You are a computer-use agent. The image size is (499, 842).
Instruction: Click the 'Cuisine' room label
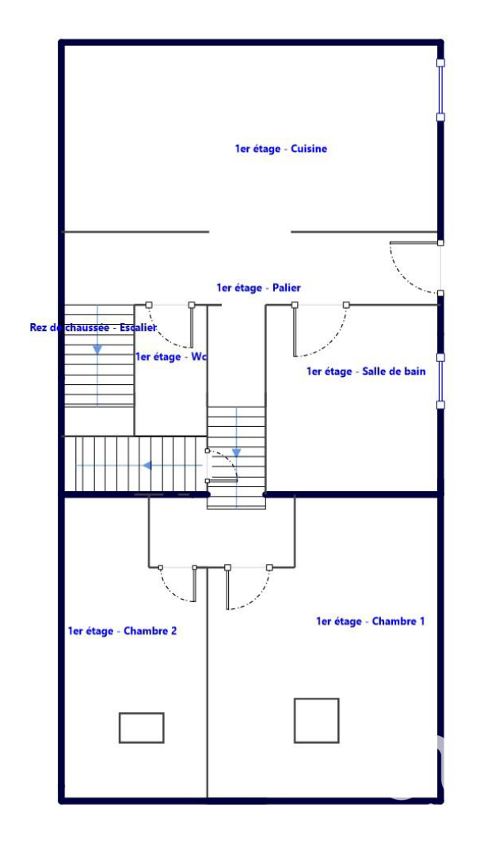pyautogui.click(x=281, y=149)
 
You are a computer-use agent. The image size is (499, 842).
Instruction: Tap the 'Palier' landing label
pyautogui.click(x=258, y=288)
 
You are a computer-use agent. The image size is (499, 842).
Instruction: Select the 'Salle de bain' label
pyautogui.click(x=366, y=371)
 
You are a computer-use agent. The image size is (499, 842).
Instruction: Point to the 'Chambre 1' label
pyautogui.click(x=370, y=622)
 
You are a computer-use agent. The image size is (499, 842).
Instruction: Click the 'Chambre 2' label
pyautogui.click(x=122, y=631)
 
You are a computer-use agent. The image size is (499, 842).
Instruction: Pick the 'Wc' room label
pyautogui.click(x=171, y=357)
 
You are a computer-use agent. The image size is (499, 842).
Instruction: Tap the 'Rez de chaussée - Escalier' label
pyautogui.click(x=93, y=328)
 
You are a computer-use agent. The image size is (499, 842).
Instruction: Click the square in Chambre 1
pyautogui.click(x=317, y=720)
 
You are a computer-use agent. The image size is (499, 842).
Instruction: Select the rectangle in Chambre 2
pyautogui.click(x=142, y=728)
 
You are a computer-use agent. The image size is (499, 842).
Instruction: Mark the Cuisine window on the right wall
pyautogui.click(x=440, y=90)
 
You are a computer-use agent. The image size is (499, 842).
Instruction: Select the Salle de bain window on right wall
pyautogui.click(x=440, y=381)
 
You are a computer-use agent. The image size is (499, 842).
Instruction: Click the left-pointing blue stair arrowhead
pyautogui.click(x=147, y=465)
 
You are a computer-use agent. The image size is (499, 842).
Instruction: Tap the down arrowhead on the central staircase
pyautogui.click(x=236, y=453)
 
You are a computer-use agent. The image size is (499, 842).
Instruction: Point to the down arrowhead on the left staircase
pyautogui.click(x=97, y=349)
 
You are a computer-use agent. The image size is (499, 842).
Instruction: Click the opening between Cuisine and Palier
pyautogui.click(x=250, y=232)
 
